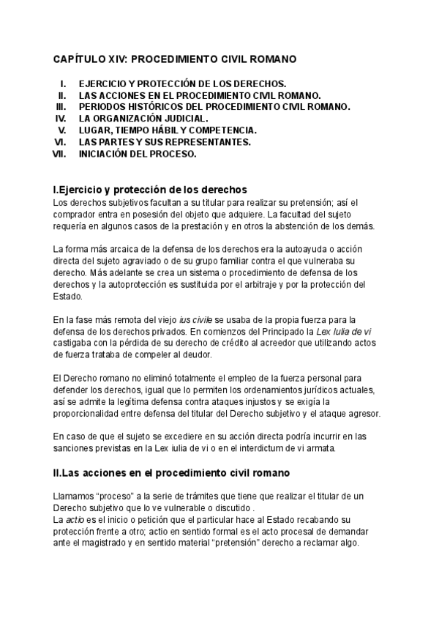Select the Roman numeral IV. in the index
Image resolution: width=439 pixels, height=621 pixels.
tap(61, 118)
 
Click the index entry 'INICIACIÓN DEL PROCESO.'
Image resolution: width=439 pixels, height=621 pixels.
tap(138, 154)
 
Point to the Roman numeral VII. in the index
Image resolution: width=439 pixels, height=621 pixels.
tap(60, 154)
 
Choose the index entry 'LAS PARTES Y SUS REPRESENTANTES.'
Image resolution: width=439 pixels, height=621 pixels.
tap(165, 142)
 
